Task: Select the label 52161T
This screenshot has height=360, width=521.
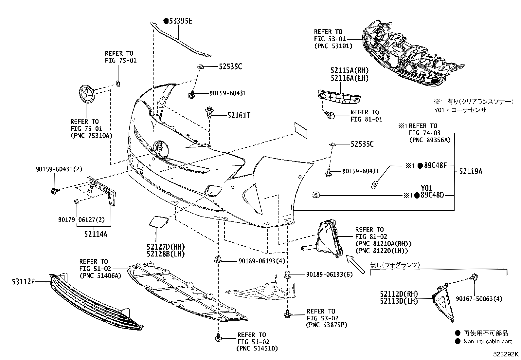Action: tap(239, 115)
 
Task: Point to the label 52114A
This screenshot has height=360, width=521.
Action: tap(96, 234)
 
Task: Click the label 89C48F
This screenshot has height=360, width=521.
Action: tap(435, 166)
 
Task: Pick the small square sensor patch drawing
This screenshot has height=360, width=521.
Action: tap(300, 130)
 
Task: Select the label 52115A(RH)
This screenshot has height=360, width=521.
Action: tap(349, 70)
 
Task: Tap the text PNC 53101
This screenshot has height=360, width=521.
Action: tap(333, 46)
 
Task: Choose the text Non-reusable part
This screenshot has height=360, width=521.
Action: tap(487, 341)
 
